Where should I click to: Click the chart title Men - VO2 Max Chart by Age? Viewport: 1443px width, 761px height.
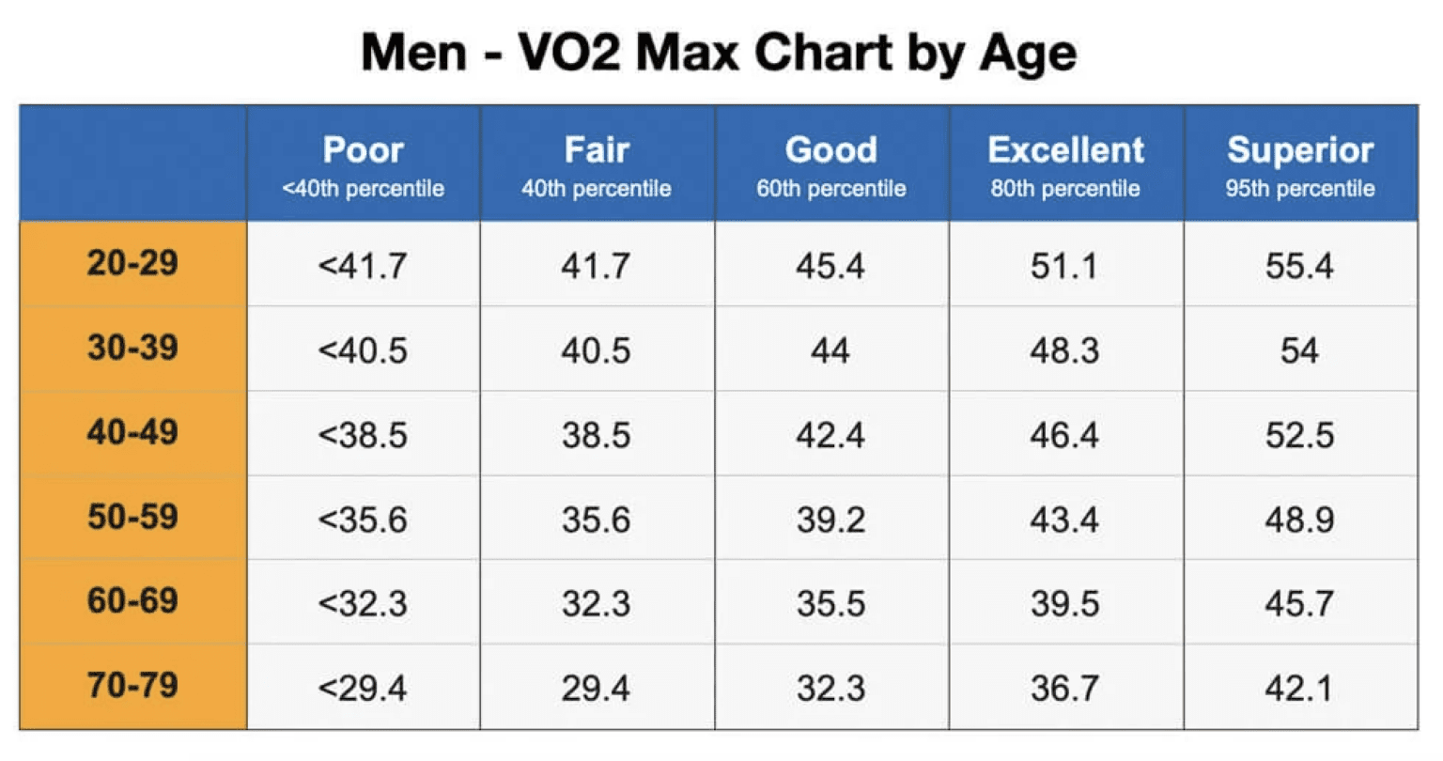[719, 52]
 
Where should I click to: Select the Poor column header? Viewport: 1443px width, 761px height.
[363, 150]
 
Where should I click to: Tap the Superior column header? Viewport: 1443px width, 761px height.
[1299, 150]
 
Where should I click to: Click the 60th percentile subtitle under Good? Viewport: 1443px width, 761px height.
[831, 189]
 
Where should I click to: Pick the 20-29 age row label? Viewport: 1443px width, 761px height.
[132, 263]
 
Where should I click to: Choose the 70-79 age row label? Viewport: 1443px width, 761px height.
[132, 685]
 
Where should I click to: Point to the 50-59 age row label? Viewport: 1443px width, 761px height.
[132, 517]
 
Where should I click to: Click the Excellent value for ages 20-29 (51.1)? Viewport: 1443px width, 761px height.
[1063, 266]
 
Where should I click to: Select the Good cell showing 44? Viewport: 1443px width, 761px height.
[830, 351]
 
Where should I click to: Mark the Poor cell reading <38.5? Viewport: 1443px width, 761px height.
[363, 436]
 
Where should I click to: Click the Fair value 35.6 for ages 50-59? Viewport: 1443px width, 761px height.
[596, 520]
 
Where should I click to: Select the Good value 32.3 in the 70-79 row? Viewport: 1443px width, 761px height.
[830, 689]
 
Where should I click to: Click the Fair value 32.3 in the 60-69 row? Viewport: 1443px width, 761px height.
[596, 603]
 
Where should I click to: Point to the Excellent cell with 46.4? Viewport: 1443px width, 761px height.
[1063, 436]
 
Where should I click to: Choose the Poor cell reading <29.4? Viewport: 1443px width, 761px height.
[363, 689]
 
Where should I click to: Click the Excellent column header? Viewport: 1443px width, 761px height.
[1065, 150]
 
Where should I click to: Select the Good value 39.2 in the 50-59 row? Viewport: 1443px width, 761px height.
[830, 520]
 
